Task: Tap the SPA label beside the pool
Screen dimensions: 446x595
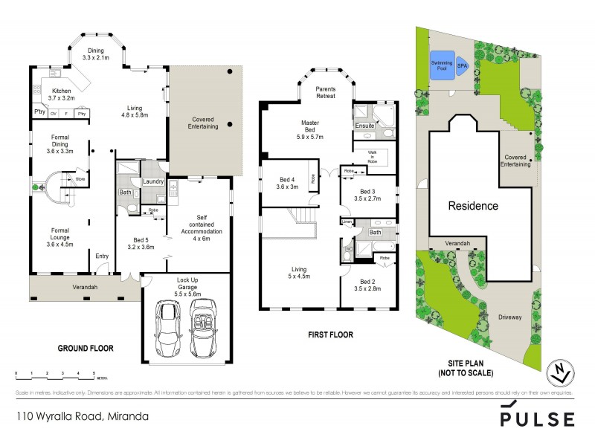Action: coord(461,65)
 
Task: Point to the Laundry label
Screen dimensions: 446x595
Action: coord(153,181)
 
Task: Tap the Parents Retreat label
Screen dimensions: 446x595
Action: coord(325,92)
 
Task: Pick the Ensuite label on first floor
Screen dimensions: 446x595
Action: coord(364,126)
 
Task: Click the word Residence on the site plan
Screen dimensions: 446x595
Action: coord(472,206)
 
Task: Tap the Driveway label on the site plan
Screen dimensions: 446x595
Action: coord(512,317)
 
